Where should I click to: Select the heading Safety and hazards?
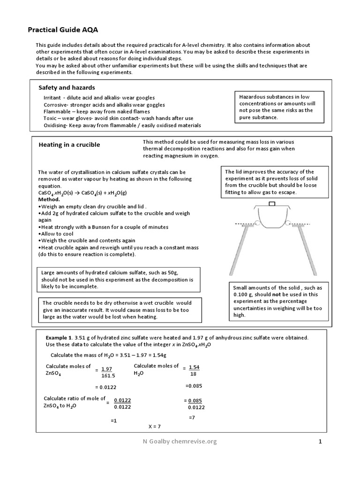tap(67, 88)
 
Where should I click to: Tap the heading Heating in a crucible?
tap(69, 145)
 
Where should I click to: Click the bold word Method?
tap(49, 199)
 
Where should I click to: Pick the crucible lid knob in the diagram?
tap(271, 204)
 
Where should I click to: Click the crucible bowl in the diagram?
tap(271, 218)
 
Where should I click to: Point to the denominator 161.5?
tap(108, 376)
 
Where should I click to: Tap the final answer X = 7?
tap(154, 427)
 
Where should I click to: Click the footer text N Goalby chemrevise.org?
tap(180, 441)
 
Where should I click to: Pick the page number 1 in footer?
tap(320, 441)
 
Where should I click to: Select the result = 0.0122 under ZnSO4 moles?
tap(106, 387)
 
